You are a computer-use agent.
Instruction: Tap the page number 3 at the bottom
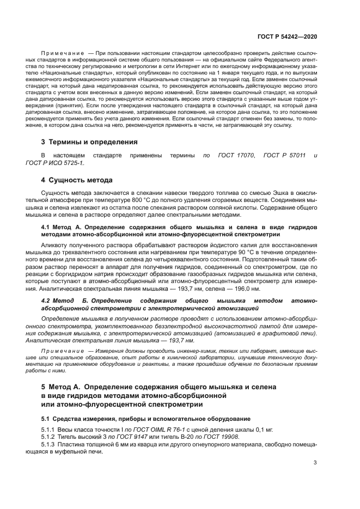(315, 463)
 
